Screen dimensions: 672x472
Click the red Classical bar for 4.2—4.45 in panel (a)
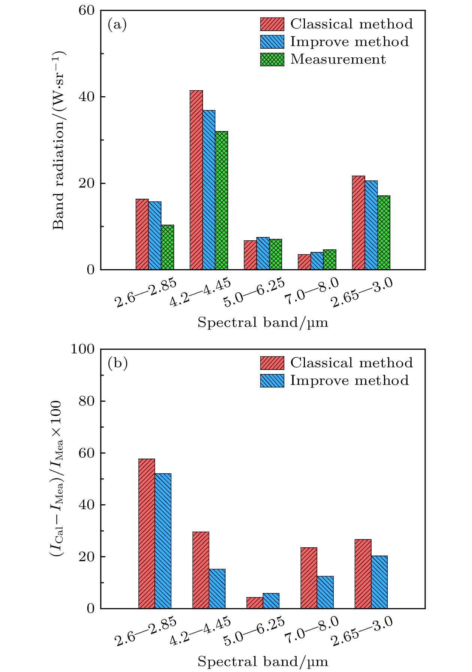196,180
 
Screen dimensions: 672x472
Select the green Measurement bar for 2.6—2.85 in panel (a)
167,247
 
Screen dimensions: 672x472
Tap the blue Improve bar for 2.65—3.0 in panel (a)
371,225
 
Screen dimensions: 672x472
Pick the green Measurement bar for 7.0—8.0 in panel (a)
330,259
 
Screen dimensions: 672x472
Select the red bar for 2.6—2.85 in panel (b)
146,533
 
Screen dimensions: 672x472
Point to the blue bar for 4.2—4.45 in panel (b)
217,589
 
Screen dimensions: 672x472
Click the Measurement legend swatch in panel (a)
272,60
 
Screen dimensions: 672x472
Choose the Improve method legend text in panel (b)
350,380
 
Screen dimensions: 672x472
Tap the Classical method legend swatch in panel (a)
272,24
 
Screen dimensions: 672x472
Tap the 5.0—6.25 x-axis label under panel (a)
254,292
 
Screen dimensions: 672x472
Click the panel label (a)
117,25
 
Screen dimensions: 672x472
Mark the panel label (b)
117,363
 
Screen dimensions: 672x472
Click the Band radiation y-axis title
59,140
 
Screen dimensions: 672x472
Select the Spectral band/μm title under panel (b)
263,661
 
